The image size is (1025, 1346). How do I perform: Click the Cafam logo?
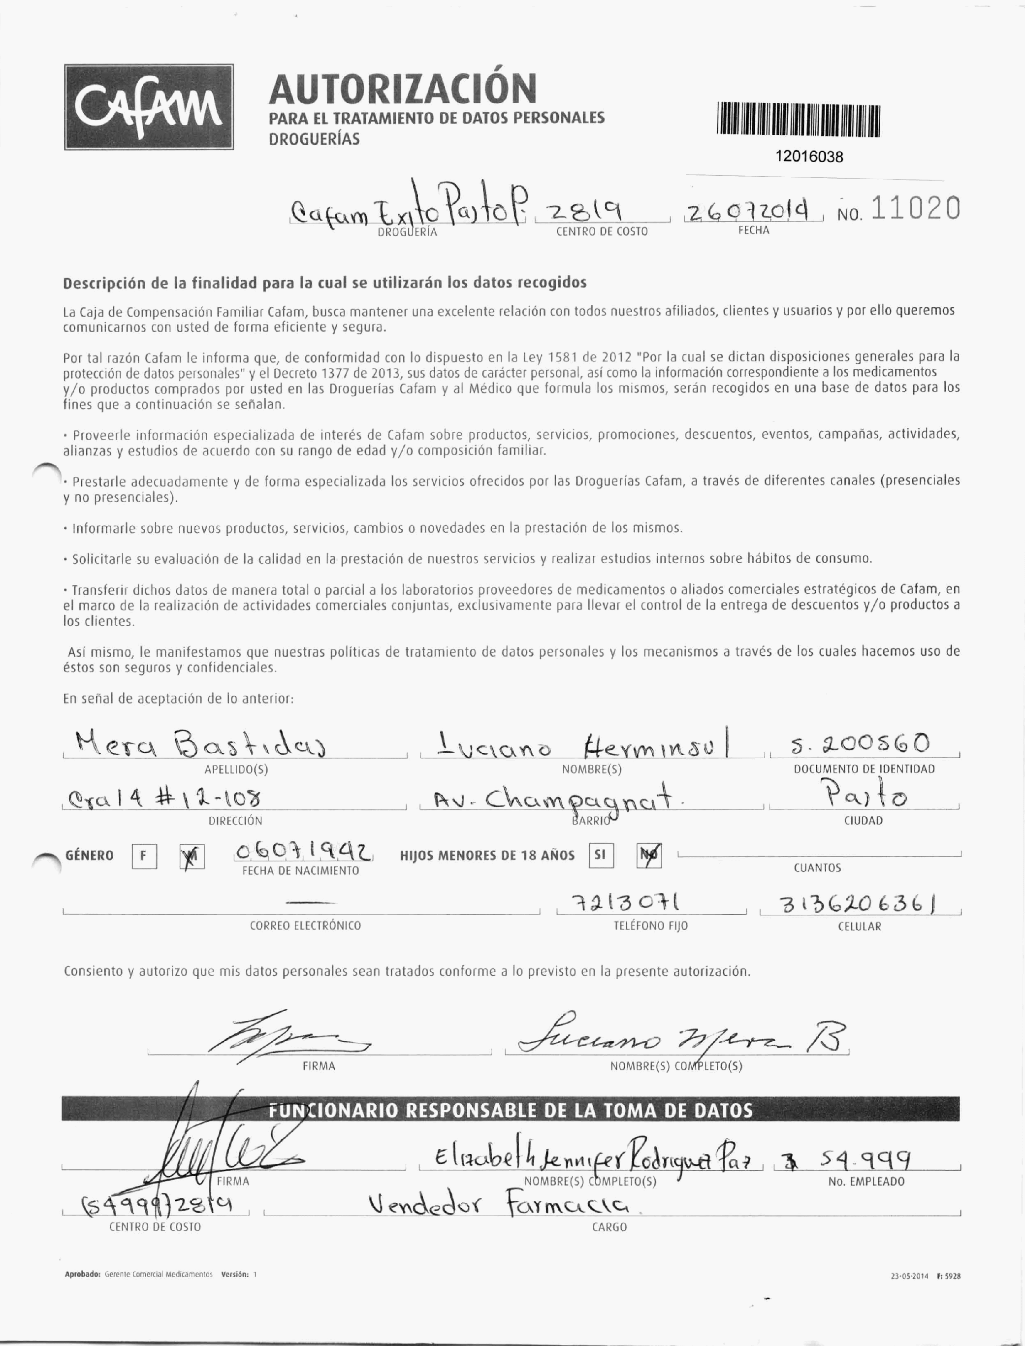pos(149,107)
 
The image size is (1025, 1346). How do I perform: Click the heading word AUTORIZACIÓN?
pos(403,89)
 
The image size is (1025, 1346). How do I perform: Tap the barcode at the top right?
pos(798,120)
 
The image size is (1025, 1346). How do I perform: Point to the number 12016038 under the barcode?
pos(809,157)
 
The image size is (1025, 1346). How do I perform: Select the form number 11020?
pos(915,209)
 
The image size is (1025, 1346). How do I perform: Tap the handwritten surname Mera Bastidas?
pos(200,744)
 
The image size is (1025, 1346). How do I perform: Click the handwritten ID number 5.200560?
pos(860,744)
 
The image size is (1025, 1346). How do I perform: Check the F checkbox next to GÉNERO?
pos(144,856)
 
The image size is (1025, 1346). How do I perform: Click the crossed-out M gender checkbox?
pos(192,856)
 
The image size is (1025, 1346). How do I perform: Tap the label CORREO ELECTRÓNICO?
pos(305,926)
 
